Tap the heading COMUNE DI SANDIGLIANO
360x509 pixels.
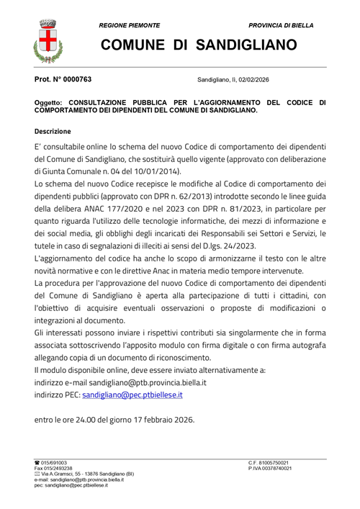click(x=198, y=45)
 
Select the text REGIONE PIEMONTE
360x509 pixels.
click(x=131, y=25)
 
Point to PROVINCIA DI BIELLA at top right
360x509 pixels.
click(x=281, y=25)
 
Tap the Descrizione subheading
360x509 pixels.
click(x=53, y=132)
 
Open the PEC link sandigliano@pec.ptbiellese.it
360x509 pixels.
click(x=132, y=395)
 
